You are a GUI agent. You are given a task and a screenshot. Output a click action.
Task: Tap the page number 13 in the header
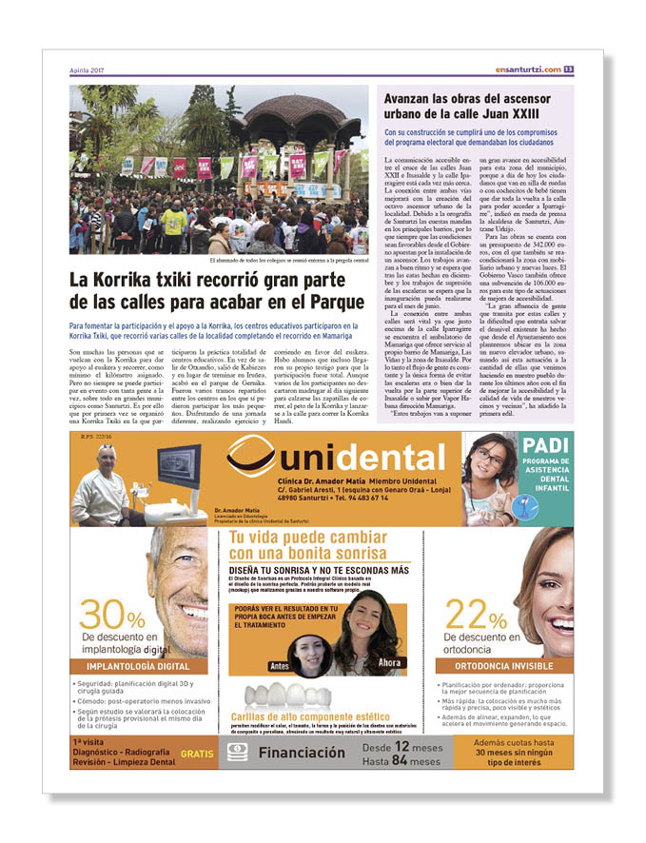[568, 69]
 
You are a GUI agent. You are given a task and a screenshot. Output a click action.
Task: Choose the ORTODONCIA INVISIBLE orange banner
[505, 667]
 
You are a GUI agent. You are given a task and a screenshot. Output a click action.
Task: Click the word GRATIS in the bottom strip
[197, 752]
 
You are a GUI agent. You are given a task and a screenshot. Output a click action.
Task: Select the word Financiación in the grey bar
[303, 753]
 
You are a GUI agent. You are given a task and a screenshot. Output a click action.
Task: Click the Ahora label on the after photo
[390, 662]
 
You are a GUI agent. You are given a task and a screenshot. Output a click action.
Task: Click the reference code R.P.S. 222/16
[98, 439]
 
